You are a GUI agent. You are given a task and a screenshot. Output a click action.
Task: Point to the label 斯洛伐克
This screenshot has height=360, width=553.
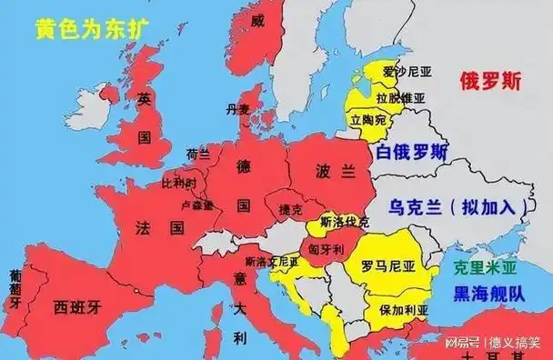[345, 222]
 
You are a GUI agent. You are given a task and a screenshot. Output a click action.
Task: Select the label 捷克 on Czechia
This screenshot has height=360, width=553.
[291, 209]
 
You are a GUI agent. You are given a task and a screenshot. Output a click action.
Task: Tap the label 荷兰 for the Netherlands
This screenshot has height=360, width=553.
[197, 154]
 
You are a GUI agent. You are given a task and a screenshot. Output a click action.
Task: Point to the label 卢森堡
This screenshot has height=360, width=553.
[198, 205]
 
